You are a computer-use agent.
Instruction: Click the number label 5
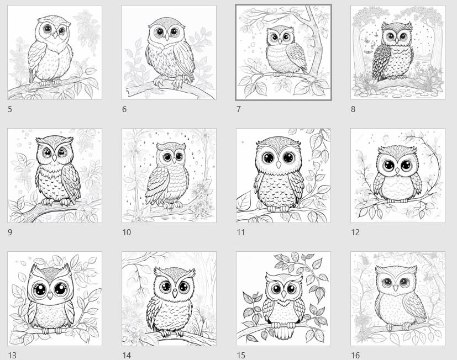tap(10, 109)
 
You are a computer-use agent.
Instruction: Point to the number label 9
tap(10, 232)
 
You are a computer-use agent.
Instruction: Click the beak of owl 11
tap(279, 164)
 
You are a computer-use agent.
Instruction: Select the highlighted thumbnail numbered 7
tap(283, 52)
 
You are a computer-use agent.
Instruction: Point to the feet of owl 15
tap(283, 333)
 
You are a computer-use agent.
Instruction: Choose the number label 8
tap(353, 109)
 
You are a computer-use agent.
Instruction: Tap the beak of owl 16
tap(397, 289)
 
